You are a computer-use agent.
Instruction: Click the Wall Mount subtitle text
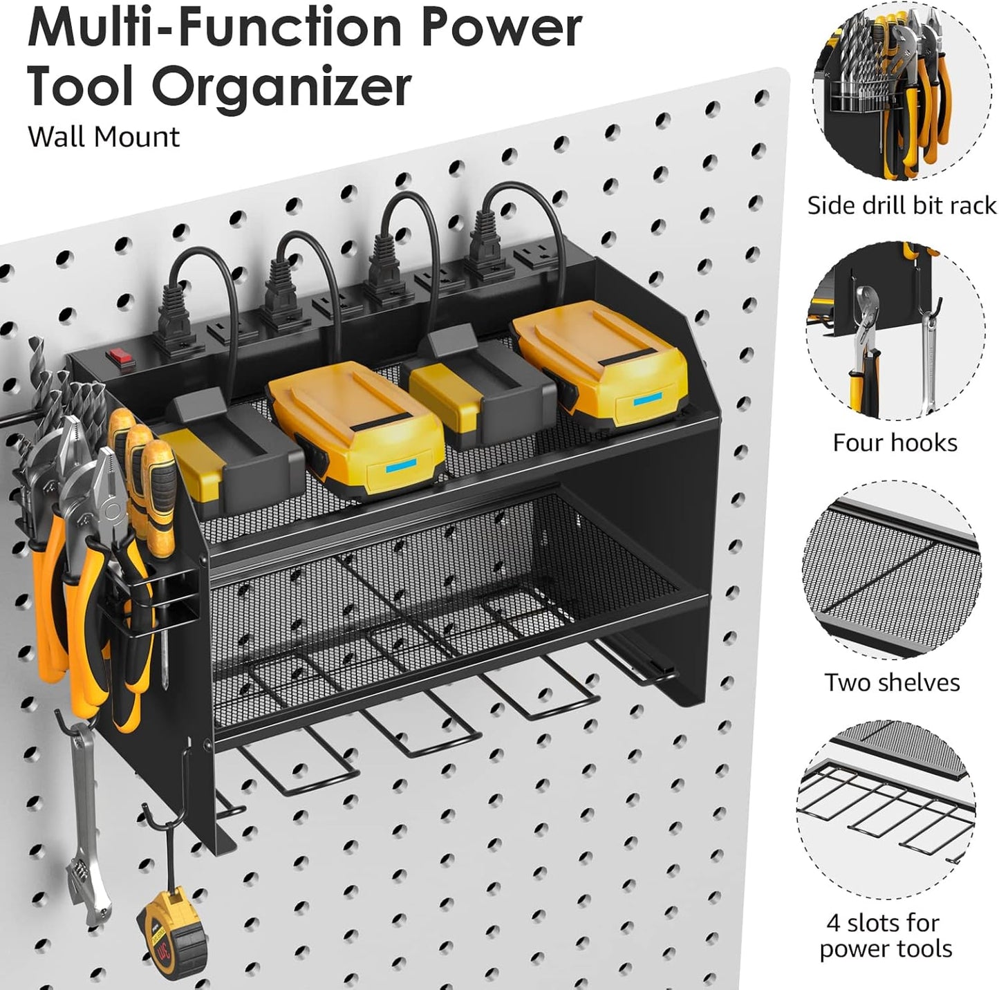(x=104, y=137)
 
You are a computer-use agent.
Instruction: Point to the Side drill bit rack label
(x=901, y=205)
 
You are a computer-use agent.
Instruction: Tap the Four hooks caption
(x=895, y=442)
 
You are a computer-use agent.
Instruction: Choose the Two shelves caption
(x=892, y=682)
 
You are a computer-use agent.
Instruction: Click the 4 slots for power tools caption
(x=886, y=935)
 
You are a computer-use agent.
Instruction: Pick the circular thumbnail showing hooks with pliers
(x=895, y=332)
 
